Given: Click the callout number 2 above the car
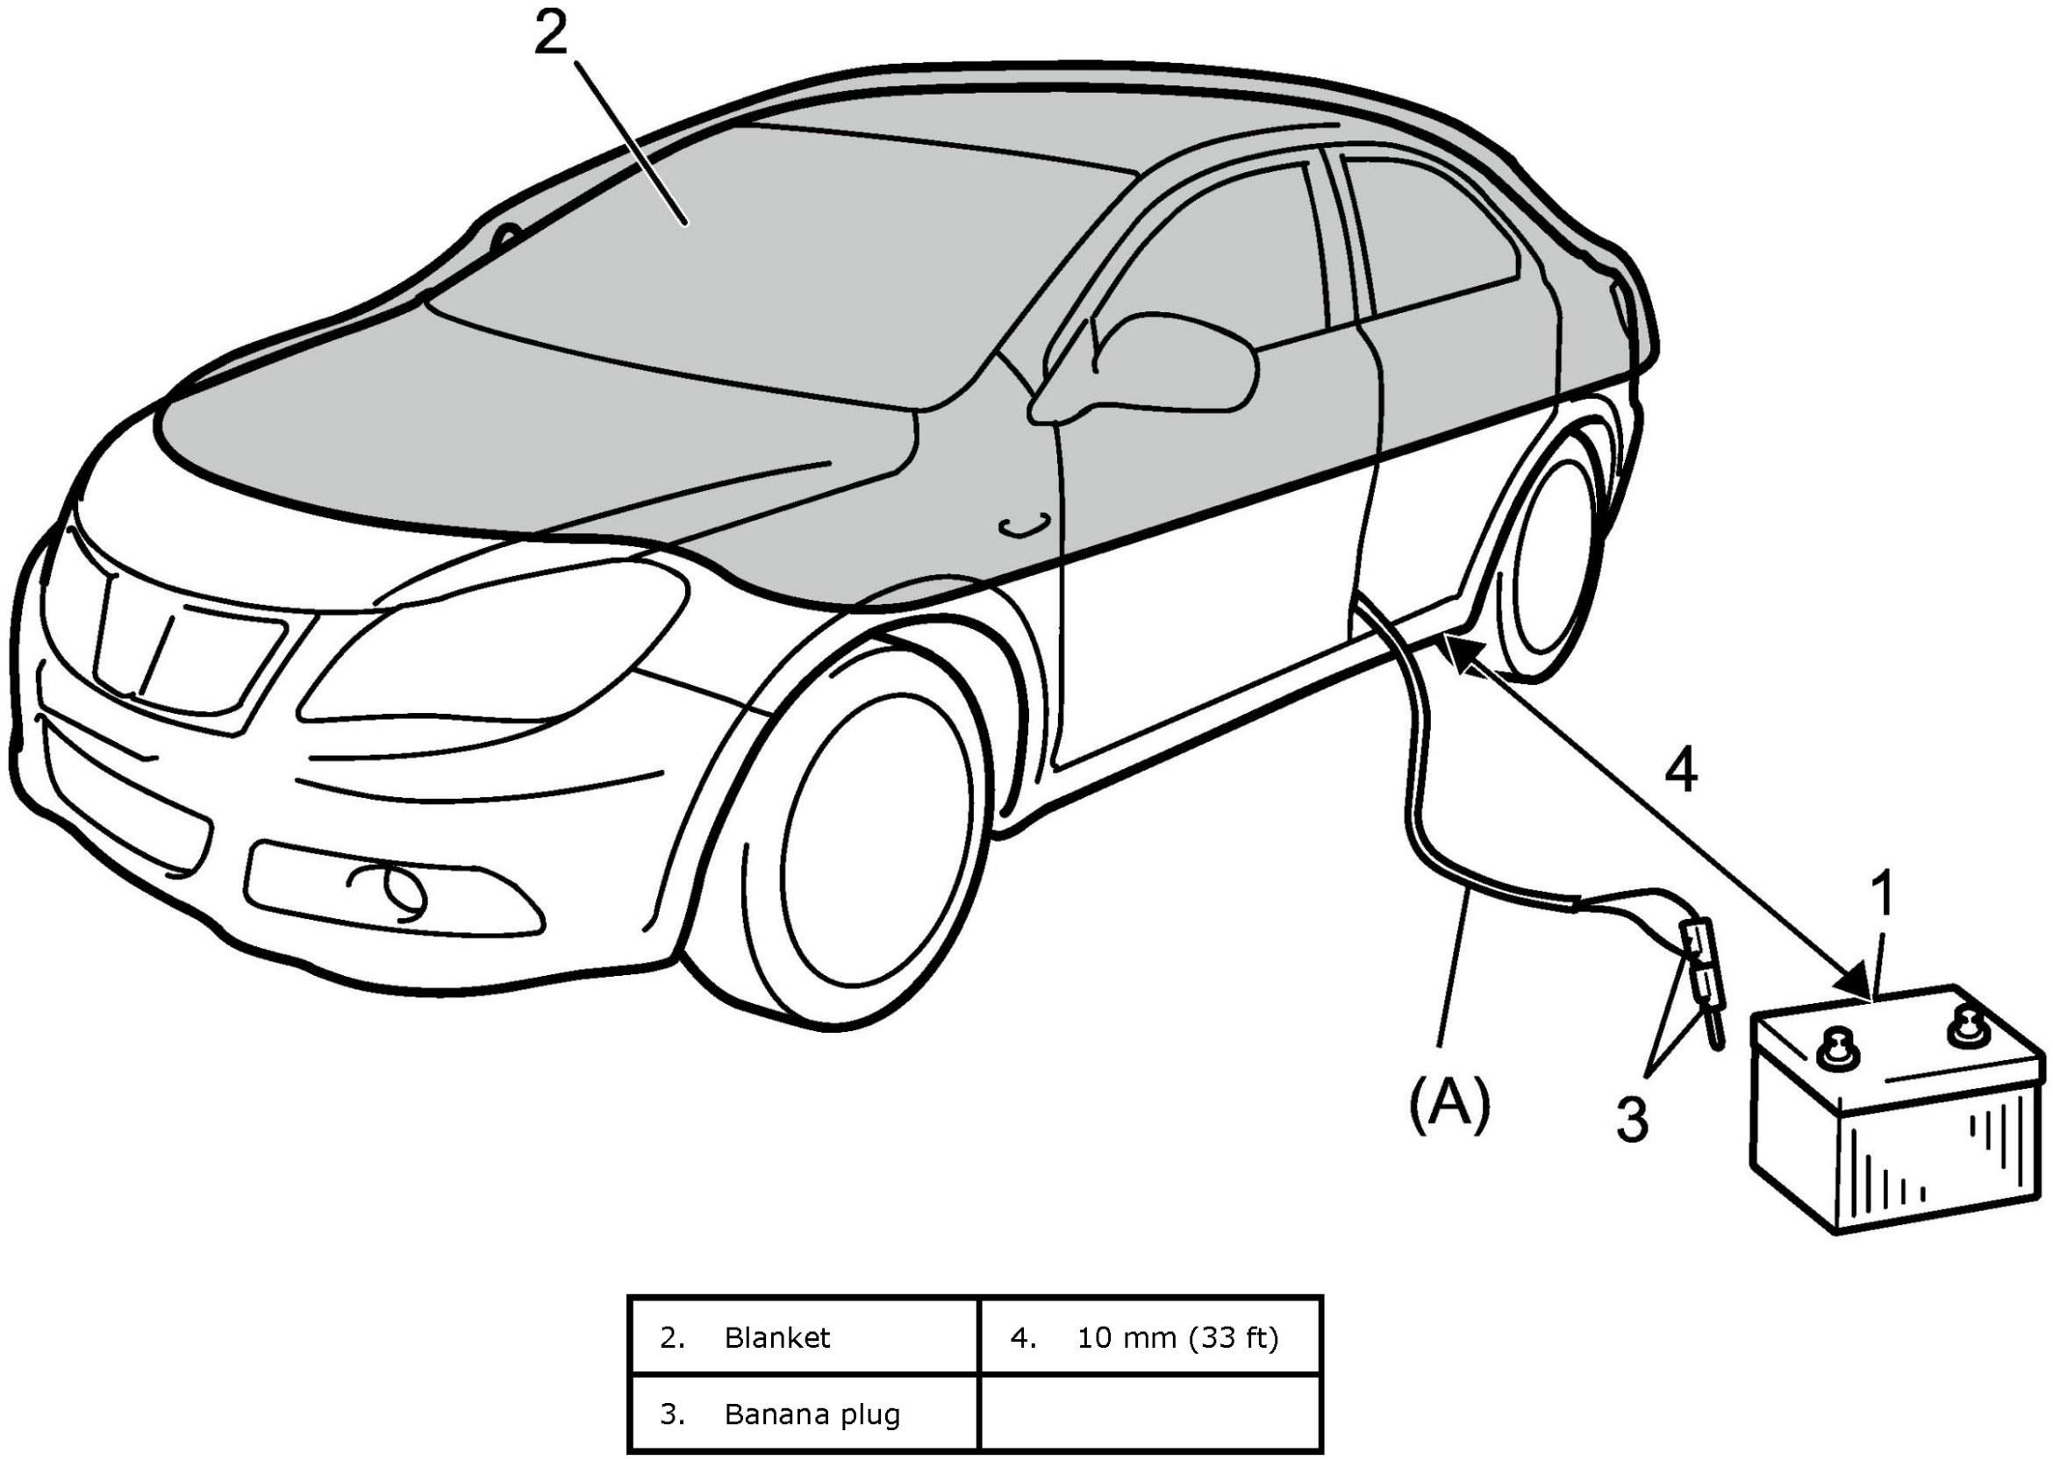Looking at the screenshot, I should [x=550, y=34].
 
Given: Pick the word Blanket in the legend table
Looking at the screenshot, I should [x=777, y=1338].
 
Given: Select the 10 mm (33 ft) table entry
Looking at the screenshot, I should [x=1177, y=1338].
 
